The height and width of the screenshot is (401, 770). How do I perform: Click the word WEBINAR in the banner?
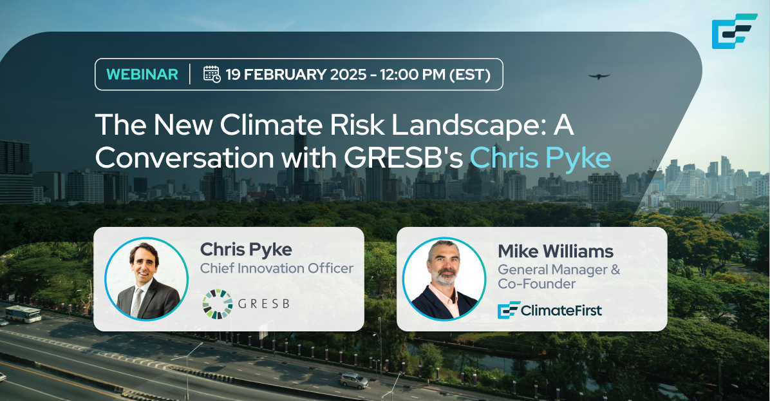pos(142,74)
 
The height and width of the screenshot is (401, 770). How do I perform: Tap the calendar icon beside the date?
pos(212,73)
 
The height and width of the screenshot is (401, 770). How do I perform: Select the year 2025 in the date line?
pos(348,74)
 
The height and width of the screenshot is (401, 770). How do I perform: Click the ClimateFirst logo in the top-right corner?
pos(734,31)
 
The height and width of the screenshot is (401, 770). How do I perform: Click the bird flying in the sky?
pos(599,76)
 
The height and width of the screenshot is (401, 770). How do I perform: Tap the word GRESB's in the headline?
pos(403,157)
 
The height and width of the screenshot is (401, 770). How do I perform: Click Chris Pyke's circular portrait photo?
pos(146,279)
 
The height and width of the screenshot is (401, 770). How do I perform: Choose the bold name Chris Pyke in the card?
pos(246,250)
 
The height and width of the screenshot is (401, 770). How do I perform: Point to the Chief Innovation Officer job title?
pos(276,268)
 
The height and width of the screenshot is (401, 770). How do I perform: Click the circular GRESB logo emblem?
pos(218,304)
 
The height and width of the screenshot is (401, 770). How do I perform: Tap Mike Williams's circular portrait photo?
pos(444,279)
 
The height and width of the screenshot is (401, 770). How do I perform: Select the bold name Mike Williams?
pos(556,251)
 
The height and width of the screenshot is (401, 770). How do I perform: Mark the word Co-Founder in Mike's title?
pos(537,284)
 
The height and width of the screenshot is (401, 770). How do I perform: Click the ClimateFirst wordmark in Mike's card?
pos(550,310)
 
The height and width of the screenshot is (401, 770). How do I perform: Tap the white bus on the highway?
pos(23,314)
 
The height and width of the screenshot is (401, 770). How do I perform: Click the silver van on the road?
pos(354,380)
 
